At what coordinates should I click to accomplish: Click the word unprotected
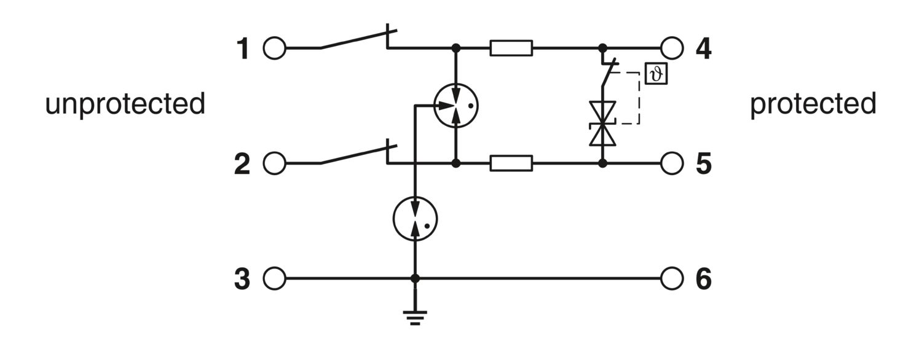click(x=125, y=104)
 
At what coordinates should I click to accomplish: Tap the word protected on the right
click(x=813, y=104)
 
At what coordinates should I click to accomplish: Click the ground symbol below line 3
click(x=415, y=318)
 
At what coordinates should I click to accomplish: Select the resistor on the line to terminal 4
click(x=511, y=48)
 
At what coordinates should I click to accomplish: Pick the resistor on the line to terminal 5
click(x=511, y=163)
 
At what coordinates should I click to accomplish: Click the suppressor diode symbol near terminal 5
click(x=602, y=123)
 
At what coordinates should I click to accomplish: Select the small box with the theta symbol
click(x=656, y=74)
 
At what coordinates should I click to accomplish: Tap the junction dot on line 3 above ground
click(x=415, y=278)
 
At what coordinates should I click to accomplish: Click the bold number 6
click(x=703, y=279)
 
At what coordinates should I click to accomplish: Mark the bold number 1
click(x=243, y=49)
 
